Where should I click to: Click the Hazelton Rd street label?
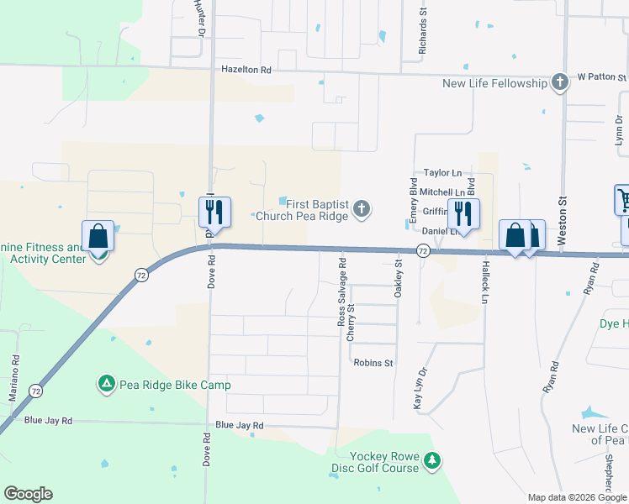point(247,71)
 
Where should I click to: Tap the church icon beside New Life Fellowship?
point(560,82)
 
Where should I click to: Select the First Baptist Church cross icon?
point(362,209)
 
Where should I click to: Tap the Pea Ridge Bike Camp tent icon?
point(107,385)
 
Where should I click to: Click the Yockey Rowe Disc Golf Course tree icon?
point(431,460)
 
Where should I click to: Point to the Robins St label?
point(373,363)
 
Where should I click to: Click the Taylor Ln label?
point(442,172)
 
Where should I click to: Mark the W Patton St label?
point(601,77)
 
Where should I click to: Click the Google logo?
point(28,494)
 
